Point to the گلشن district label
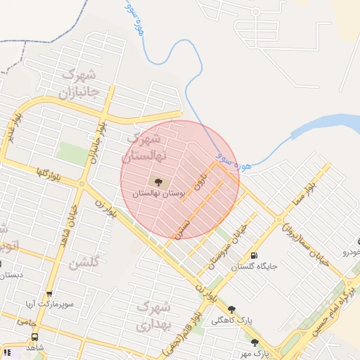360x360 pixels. [x=84, y=264]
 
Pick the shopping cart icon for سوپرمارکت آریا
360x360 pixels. [x=49, y=295]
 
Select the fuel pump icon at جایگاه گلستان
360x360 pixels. [x=254, y=255]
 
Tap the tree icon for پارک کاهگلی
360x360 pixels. [x=232, y=308]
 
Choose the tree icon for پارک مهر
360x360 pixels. [x=255, y=342]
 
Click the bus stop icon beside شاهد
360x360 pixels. [x=35, y=337]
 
